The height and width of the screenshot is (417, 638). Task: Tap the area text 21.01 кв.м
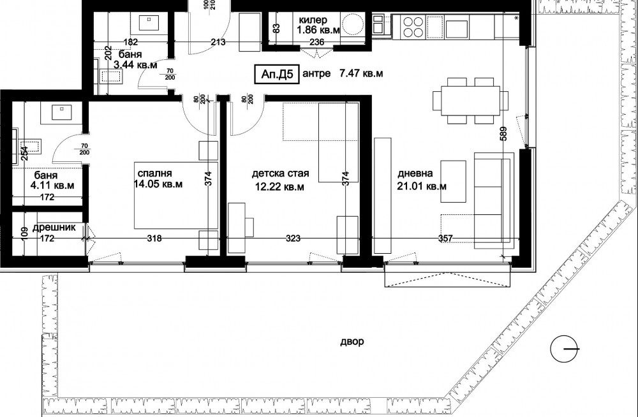[422, 186]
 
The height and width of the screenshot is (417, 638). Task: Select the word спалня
[155, 173]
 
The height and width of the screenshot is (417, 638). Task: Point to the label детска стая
[280, 173]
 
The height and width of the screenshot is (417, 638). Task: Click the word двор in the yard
[352, 342]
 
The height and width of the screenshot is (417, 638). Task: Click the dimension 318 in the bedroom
[154, 238]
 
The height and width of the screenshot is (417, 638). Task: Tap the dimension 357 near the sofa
[445, 238]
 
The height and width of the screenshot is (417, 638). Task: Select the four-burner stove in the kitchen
[413, 27]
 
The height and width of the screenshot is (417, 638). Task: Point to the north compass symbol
[565, 349]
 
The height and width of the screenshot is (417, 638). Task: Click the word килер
[313, 20]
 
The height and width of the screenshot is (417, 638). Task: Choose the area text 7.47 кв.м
[361, 73]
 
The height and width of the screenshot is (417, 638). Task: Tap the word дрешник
[54, 228]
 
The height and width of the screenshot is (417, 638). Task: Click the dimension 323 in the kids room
[293, 238]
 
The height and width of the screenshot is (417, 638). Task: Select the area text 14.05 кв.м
[158, 184]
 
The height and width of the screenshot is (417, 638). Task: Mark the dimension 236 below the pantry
[317, 41]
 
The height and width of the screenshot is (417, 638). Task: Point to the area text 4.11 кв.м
[52, 186]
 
